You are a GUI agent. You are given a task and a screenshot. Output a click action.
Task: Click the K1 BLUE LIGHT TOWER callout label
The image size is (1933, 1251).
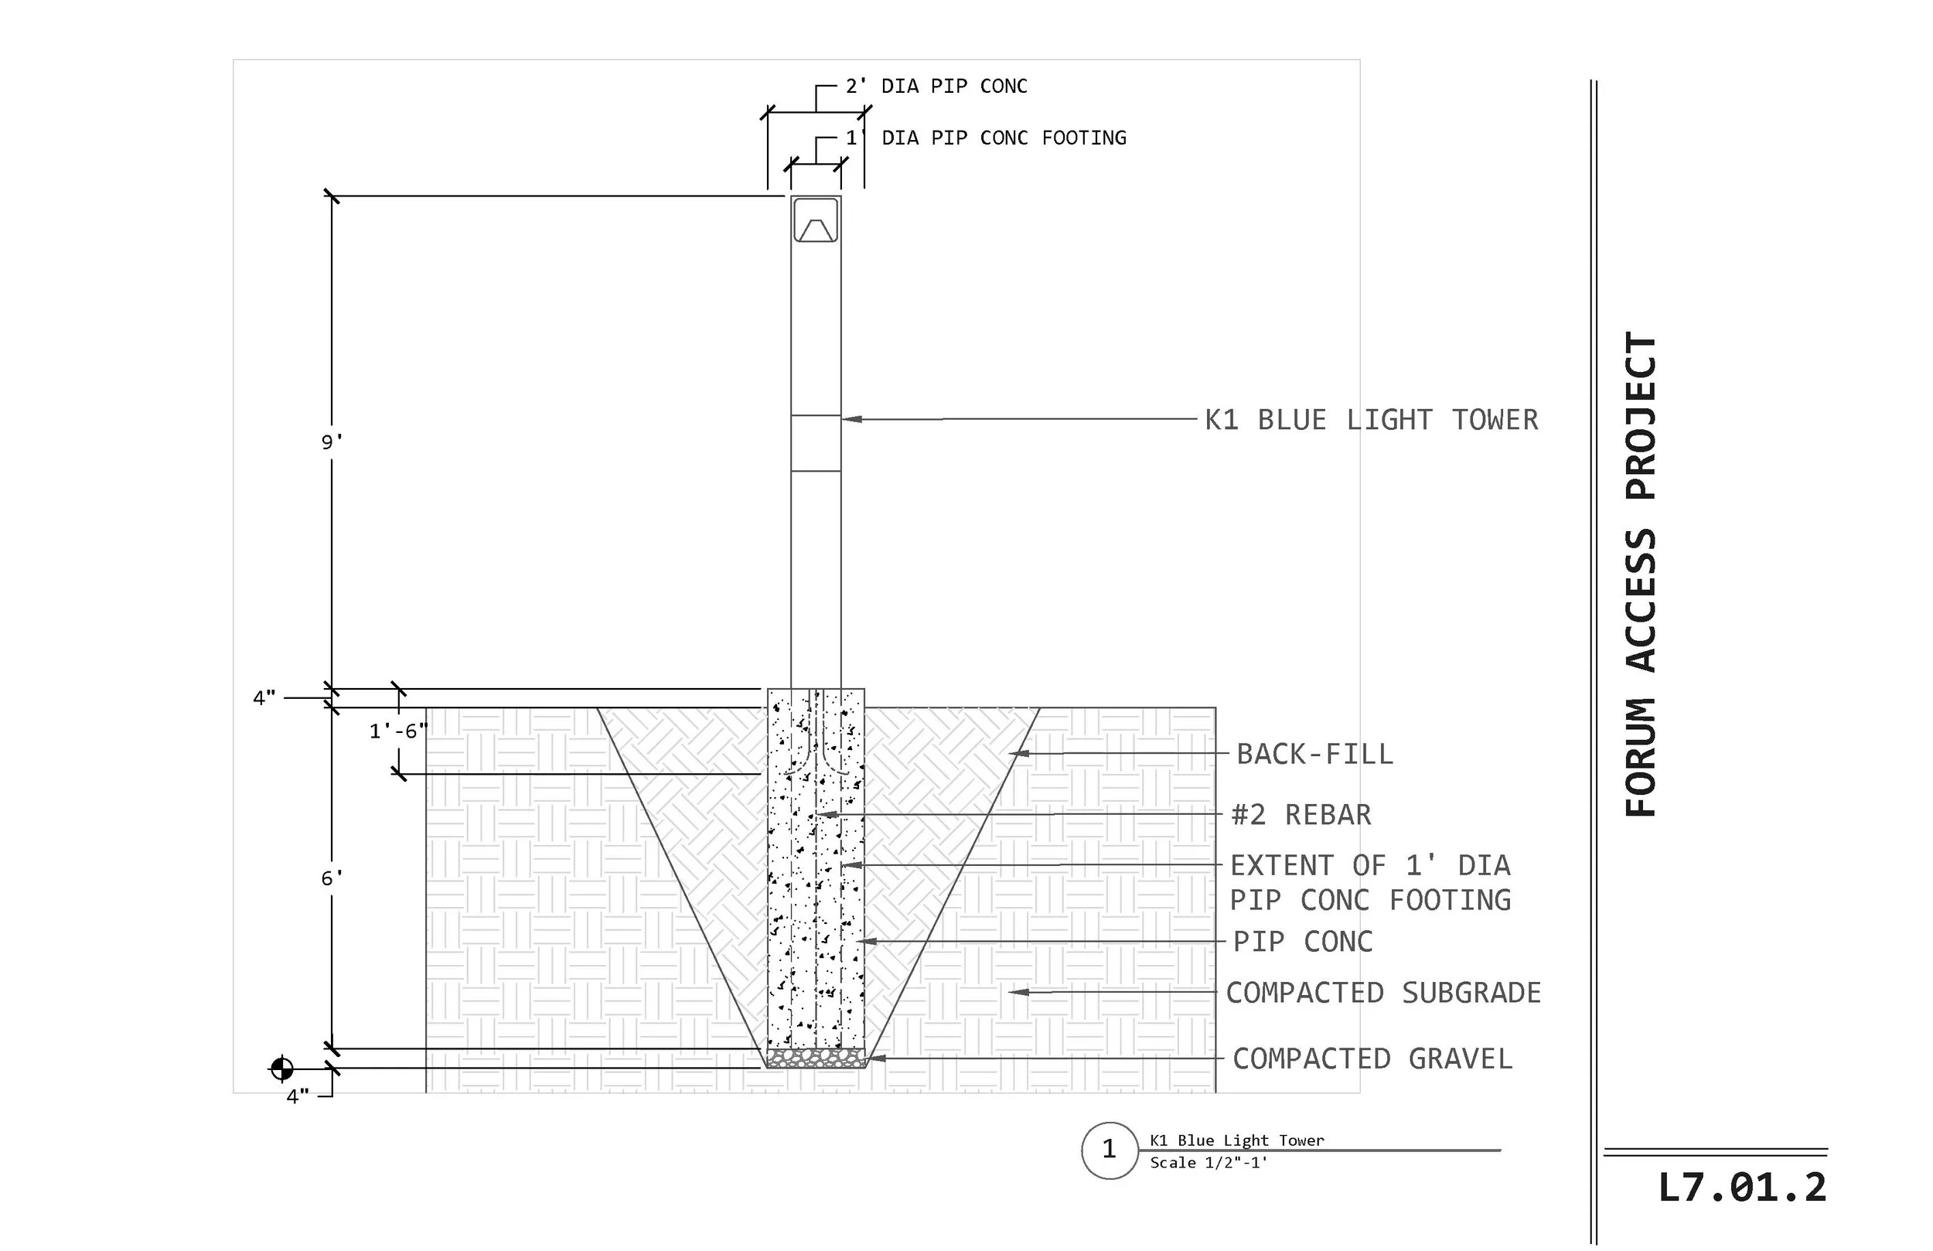click(x=1372, y=420)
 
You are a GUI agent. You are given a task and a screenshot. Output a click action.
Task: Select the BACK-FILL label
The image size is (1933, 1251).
click(x=1315, y=754)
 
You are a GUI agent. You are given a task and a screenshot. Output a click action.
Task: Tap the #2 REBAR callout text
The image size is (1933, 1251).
click(x=1301, y=815)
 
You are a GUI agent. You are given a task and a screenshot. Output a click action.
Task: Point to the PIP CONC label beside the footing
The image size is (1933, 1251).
click(x=1303, y=942)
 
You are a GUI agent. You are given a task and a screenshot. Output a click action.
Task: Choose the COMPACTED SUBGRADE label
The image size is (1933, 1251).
click(x=1383, y=993)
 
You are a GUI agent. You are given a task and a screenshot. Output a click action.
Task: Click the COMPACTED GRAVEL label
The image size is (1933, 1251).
click(x=1372, y=1058)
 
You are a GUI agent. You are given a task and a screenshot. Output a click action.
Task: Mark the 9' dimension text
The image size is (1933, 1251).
click(x=332, y=442)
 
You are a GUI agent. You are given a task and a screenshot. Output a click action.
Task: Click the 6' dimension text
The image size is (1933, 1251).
click(x=332, y=878)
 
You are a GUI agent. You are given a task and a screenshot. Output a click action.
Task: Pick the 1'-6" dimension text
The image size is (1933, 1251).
click(x=399, y=731)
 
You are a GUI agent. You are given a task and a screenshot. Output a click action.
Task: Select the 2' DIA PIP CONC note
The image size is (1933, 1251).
click(x=936, y=86)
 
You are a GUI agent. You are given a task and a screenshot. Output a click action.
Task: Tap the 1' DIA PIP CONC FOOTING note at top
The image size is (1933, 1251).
click(x=986, y=138)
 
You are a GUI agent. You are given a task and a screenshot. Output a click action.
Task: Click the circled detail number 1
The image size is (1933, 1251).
click(x=1110, y=1150)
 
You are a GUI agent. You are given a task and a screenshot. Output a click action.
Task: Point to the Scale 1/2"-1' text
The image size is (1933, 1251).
click(x=1209, y=1162)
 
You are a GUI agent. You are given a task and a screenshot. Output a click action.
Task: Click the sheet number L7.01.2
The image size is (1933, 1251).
click(x=1742, y=1188)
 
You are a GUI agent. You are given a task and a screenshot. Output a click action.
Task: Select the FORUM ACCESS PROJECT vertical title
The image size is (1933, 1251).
click(x=1641, y=574)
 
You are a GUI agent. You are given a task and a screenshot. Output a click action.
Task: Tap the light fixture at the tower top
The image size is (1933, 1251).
click(x=816, y=220)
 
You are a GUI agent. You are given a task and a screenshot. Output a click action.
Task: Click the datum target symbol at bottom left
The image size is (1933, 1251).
click(x=281, y=1069)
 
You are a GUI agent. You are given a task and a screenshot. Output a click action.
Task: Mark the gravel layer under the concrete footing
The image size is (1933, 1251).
click(x=816, y=1058)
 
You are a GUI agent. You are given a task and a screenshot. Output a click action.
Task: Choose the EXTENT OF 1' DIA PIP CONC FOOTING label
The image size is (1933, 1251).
click(x=1370, y=883)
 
